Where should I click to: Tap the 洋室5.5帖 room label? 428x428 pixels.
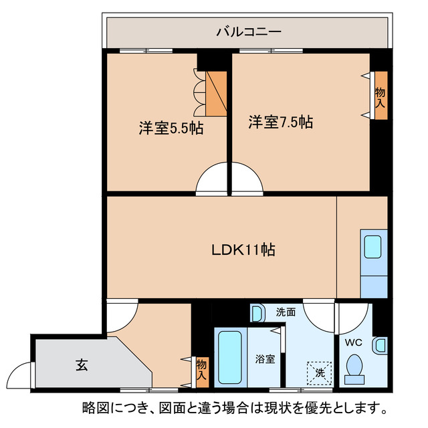click(171, 128)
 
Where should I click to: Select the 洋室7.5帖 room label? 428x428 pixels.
click(281, 122)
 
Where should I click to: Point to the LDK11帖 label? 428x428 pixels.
click(243, 250)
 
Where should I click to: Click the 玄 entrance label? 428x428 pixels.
click(81, 365)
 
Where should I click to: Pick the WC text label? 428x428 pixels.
click(353, 342)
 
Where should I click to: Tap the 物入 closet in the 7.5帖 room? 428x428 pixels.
click(381, 96)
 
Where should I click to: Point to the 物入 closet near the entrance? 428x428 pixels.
click(201, 368)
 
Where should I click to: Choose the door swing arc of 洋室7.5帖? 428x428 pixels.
click(247, 179)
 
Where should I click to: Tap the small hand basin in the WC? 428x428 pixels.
click(380, 345)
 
